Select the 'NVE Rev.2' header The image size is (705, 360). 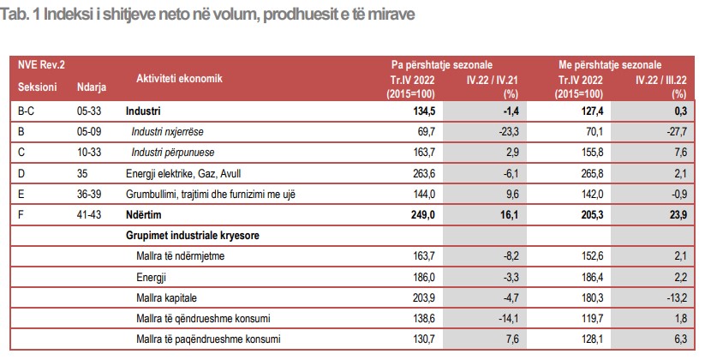41,64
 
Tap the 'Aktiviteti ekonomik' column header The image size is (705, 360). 179,78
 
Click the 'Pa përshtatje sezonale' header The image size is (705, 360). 442,64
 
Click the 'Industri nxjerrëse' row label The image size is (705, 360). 173,131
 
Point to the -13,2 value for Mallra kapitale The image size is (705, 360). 675,297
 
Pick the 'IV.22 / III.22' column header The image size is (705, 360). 660,79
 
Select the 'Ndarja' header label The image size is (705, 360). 91,87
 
